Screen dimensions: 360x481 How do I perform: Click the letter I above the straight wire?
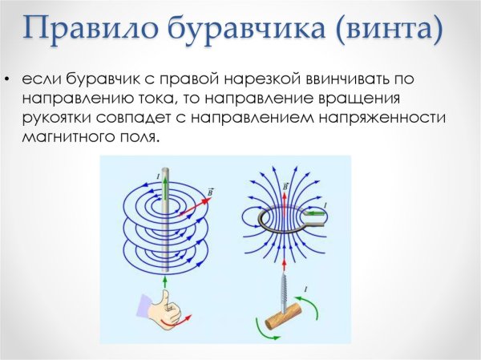point(158,173)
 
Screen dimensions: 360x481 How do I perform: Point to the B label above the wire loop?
point(286,187)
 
